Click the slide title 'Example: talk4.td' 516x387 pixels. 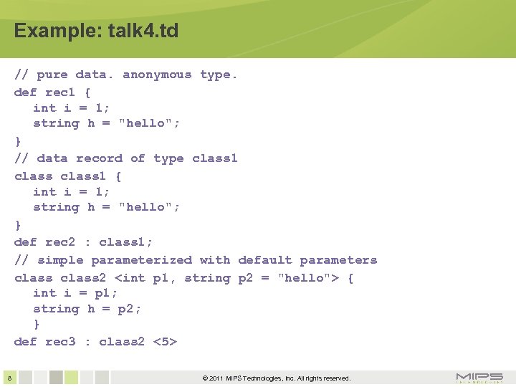coord(96,31)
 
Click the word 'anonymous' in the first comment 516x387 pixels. coord(157,75)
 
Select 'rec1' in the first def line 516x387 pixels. coord(60,92)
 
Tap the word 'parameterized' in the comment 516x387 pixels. coord(141,260)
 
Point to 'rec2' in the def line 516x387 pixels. coord(60,242)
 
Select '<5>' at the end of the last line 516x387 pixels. coord(165,341)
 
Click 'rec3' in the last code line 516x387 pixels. coord(60,341)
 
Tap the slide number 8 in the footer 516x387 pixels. coord(8,378)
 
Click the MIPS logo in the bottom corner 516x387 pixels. coord(479,378)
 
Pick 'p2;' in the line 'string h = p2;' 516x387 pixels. coord(130,309)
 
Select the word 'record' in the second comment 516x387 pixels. coord(99,158)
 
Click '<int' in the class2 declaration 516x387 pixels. coord(130,278)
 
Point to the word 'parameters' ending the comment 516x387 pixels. coord(338,260)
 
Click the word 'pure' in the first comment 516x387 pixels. coord(52,75)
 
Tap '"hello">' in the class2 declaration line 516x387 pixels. coord(308,278)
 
